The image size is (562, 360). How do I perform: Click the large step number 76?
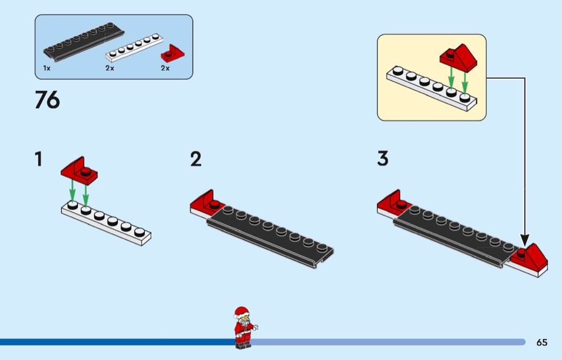47,100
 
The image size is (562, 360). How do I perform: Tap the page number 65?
542,342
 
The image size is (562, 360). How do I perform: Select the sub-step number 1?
38,159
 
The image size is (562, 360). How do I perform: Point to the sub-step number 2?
196,159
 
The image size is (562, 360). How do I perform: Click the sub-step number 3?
382,159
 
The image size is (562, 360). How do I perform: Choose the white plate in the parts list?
134,48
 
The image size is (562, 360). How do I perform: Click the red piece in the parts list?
172,53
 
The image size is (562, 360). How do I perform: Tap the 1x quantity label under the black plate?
47,68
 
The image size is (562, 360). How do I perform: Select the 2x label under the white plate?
110,68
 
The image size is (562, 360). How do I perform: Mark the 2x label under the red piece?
165,68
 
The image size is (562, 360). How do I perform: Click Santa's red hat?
242,311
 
